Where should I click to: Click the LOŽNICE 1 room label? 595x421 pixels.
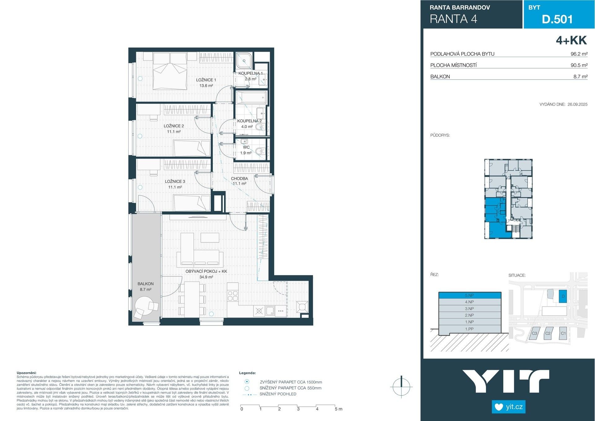(206, 80)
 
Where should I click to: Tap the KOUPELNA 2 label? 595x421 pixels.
(249, 121)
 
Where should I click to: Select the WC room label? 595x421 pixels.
(246, 147)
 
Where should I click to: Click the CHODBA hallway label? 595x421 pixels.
(239, 179)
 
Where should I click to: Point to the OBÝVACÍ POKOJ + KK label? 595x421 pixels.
(206, 271)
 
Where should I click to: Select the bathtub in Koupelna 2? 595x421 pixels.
(251, 98)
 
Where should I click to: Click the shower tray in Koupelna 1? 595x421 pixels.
(244, 61)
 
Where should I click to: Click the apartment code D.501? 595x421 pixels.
(557, 19)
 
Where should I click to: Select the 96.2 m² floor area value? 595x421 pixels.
(579, 54)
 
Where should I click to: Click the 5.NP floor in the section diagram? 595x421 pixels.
(469, 295)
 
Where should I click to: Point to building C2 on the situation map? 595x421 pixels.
(548, 334)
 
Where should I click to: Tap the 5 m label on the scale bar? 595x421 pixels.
(338, 409)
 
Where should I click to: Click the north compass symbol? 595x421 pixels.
(401, 387)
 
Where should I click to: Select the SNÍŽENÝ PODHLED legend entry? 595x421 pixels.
(278, 394)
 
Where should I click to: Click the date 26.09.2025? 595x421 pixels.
(577, 104)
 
